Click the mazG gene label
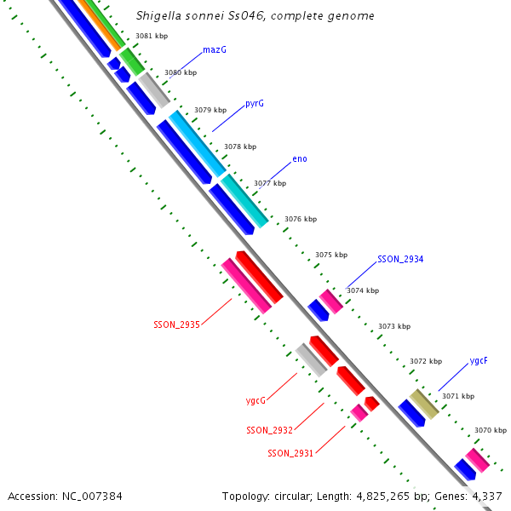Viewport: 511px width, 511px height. tap(215, 50)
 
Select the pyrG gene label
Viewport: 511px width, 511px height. tap(255, 103)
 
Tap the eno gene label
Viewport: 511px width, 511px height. tap(300, 159)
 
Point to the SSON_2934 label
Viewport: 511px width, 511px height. tap(400, 259)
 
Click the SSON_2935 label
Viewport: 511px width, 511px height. tap(176, 324)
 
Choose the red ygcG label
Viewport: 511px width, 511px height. tap(255, 400)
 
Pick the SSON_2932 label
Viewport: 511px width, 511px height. tap(269, 430)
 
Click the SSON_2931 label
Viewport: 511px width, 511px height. tap(290, 453)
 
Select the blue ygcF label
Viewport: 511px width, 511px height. tap(479, 360)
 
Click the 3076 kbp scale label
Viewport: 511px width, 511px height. tap(300, 219)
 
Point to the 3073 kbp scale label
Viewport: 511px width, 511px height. tap(393, 326)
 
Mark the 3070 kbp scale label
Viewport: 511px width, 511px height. tap(490, 431)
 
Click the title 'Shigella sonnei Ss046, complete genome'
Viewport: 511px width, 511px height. tap(255, 16)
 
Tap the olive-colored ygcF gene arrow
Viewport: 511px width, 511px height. tap(424, 404)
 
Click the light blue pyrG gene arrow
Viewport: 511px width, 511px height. tap(197, 142)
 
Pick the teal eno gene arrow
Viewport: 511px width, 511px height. tap(244, 199)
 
